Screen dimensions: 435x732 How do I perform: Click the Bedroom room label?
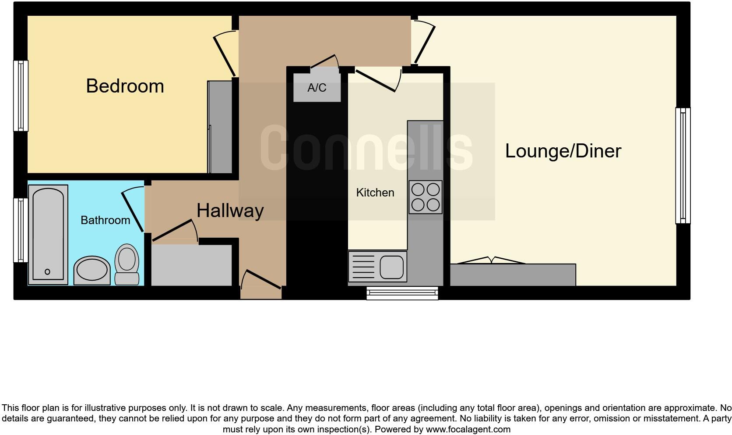125,86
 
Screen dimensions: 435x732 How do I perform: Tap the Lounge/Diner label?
563,151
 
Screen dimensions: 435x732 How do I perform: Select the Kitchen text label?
375,193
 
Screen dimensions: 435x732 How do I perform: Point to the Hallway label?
230,210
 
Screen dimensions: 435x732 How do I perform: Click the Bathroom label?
105,220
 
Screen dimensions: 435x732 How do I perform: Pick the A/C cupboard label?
317,88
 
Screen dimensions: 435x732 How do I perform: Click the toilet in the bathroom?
127,264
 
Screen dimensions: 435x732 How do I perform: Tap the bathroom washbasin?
92,270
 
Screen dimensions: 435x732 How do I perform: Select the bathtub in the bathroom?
48,235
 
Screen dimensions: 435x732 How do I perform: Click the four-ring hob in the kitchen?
425,197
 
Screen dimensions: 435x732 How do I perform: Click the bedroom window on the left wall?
21,96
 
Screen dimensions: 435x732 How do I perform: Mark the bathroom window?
21,230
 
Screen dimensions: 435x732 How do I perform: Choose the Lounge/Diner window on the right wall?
683,165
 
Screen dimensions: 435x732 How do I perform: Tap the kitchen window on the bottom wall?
402,293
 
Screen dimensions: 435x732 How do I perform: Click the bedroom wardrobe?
220,127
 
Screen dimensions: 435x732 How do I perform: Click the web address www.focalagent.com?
468,429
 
